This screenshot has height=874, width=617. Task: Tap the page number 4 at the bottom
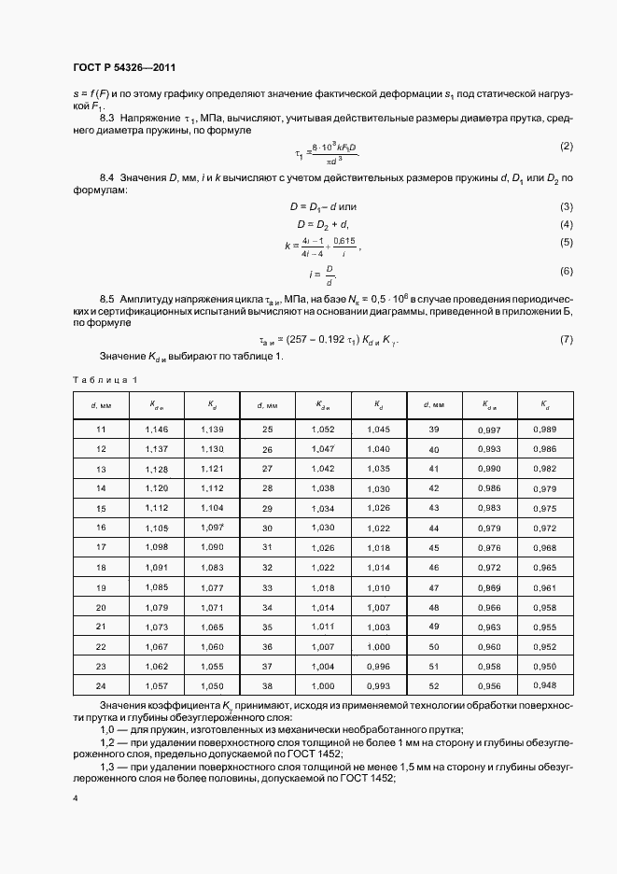tap(75, 799)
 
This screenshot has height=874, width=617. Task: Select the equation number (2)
tap(566, 148)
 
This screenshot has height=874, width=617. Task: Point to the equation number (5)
tap(566, 243)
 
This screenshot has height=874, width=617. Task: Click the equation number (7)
tap(566, 340)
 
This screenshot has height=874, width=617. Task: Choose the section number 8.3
tap(106, 120)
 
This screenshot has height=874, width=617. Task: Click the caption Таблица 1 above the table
tap(105, 380)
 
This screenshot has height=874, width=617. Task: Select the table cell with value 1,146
tap(157, 429)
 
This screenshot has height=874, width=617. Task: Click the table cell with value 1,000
tap(378, 646)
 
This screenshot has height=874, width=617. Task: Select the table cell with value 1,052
tap(322, 429)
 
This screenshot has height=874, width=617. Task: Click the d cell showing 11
tap(102, 429)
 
